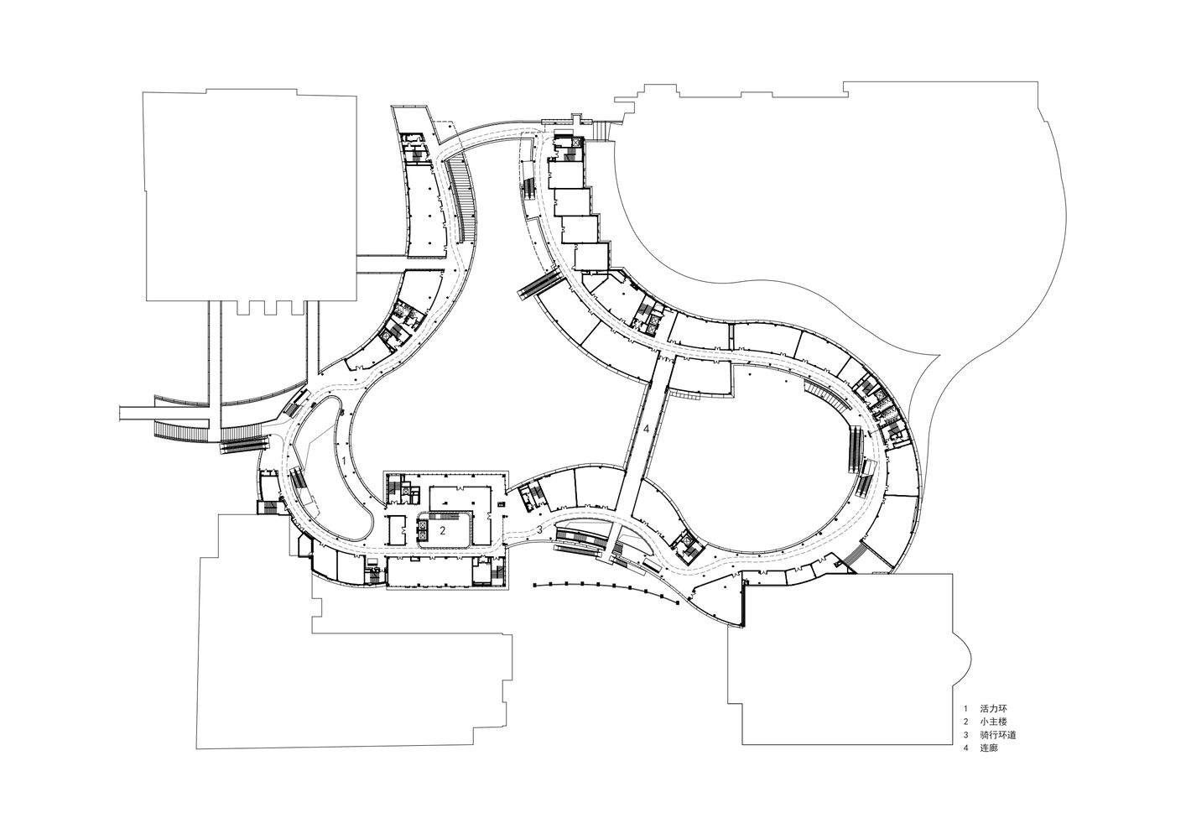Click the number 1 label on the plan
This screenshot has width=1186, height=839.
(344, 461)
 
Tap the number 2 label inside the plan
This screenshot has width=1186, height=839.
(443, 529)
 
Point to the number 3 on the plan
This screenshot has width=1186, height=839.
(539, 529)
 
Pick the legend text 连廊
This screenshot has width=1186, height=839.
(989, 748)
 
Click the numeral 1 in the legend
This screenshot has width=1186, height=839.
(965, 708)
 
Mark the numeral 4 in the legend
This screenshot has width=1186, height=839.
(965, 748)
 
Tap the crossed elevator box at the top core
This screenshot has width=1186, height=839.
(575, 142)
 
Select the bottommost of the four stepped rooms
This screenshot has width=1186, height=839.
(593, 258)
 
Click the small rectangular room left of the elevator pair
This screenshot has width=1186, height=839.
(397, 529)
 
